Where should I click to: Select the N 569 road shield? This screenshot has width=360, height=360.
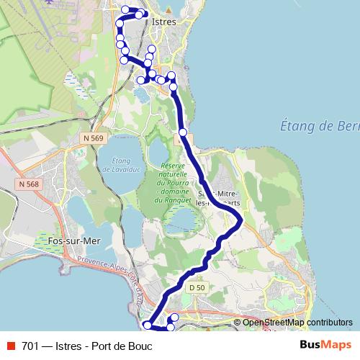(93, 137)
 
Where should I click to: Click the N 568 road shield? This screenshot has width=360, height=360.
(28, 185)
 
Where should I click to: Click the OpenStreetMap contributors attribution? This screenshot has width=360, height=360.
(297, 323)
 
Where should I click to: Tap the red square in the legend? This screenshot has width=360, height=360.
(10, 346)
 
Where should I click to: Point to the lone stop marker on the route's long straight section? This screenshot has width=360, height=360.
(184, 132)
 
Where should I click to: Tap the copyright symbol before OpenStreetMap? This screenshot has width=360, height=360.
(238, 323)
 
